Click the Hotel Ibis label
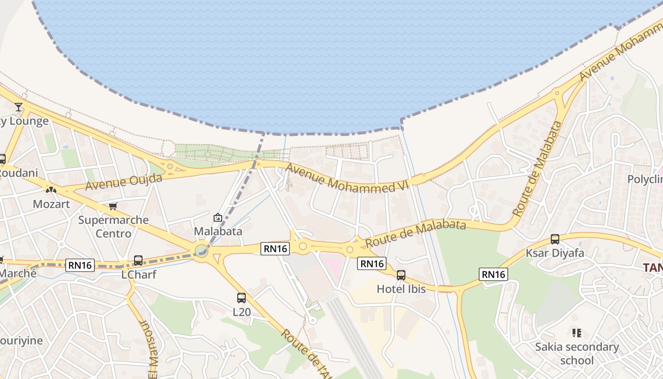401,289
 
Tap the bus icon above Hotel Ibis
401,275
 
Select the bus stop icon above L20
242,298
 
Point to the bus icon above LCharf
138,261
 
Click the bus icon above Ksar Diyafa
555,239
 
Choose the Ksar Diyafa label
555,253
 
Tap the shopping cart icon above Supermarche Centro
113,206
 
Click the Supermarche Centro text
114,226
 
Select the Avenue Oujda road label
124,182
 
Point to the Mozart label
51,204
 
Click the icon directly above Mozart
51,190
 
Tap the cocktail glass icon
18,107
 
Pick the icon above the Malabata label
218,217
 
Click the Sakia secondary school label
577,353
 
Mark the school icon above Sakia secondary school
576,333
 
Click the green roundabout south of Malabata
201,250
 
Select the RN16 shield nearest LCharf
81,265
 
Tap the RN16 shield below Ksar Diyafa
493,274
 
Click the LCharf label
139,274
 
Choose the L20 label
242,312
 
